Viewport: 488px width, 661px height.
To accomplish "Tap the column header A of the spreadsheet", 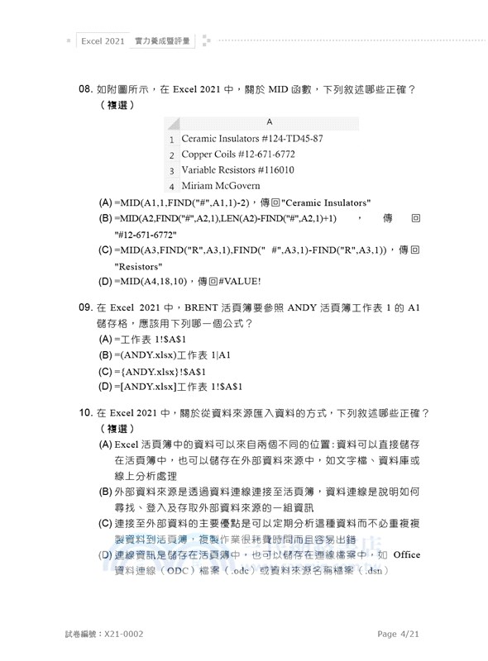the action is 269,122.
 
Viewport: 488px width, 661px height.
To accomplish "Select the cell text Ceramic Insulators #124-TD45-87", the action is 251,139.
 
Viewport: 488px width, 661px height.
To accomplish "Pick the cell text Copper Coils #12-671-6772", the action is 238,155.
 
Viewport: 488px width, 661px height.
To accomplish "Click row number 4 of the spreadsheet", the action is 171,187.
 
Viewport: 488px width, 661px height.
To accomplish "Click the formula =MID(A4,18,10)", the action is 153,282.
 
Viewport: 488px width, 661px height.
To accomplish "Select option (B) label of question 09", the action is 106,354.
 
